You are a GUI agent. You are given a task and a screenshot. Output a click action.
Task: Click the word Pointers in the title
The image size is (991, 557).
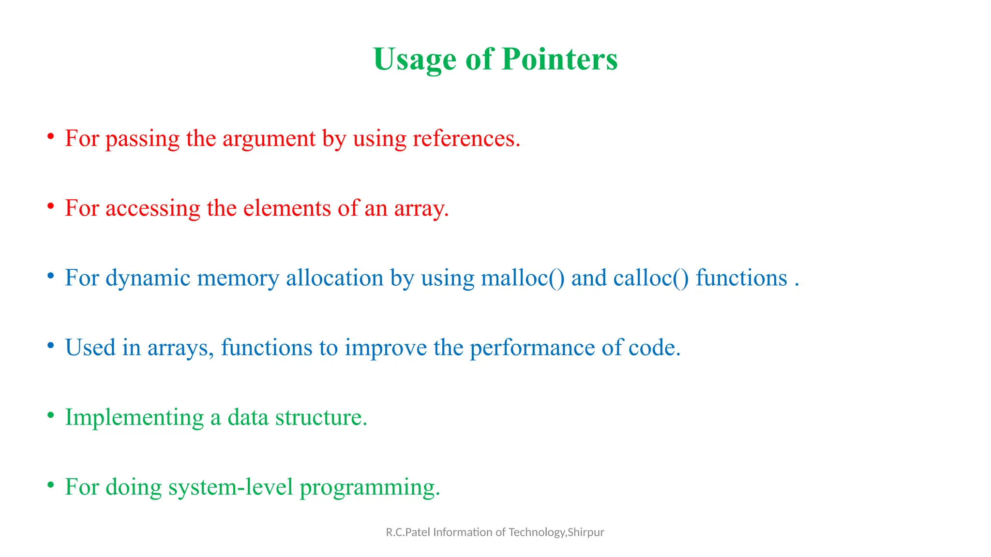point(559,59)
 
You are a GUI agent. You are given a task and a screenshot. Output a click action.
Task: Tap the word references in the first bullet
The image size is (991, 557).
point(466,138)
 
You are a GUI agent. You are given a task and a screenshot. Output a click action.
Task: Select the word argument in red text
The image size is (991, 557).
point(269,139)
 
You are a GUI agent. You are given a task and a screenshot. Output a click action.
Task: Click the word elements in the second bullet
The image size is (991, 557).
point(287,208)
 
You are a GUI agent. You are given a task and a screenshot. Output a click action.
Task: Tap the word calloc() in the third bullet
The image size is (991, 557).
point(651,278)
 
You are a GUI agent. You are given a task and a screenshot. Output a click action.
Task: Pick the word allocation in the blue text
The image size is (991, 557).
point(334,278)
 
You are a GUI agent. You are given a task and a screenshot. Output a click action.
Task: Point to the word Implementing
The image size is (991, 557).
point(135,418)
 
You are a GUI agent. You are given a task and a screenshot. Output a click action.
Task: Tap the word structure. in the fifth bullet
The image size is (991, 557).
point(321,417)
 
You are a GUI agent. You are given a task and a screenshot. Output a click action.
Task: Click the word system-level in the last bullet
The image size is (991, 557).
point(231,487)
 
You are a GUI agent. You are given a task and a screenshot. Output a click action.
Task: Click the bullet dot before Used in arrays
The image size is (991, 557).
point(51,346)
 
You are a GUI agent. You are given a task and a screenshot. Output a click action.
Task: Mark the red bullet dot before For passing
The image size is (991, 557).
point(51,137)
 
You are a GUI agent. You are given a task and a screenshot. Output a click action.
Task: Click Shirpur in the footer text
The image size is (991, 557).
point(586,532)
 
